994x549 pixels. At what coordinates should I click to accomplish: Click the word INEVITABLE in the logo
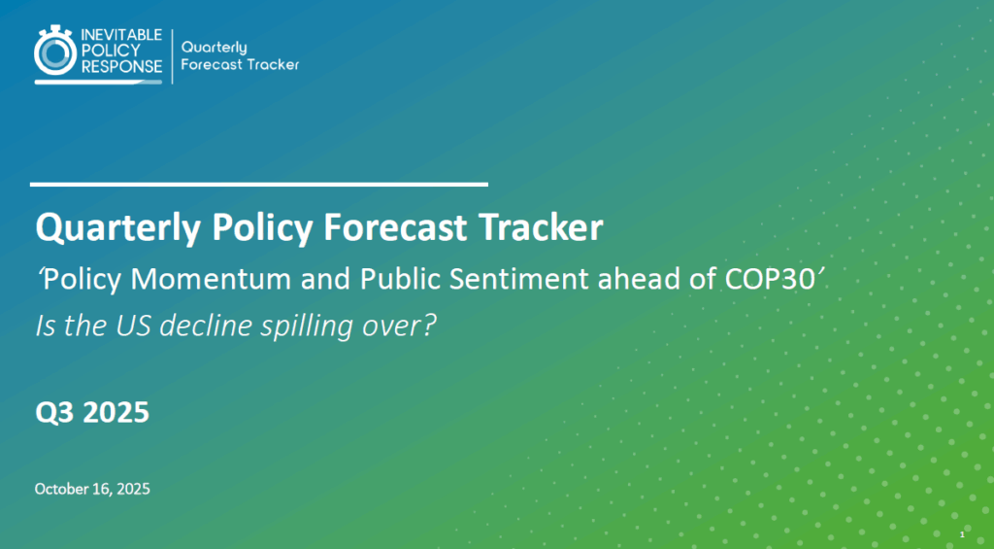121,36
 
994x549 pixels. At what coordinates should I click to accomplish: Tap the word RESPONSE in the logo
121,67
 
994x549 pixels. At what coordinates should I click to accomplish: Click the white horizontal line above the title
258,185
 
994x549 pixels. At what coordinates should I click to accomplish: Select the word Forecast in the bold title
395,227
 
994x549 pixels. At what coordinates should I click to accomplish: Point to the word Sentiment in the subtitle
521,279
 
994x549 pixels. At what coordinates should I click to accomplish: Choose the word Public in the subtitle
401,280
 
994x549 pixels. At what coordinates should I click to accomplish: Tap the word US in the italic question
134,326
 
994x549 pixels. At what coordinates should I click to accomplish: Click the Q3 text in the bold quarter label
54,413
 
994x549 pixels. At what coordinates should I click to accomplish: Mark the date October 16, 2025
92,489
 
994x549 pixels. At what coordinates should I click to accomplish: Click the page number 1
962,535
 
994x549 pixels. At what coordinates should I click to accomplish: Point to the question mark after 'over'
430,326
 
